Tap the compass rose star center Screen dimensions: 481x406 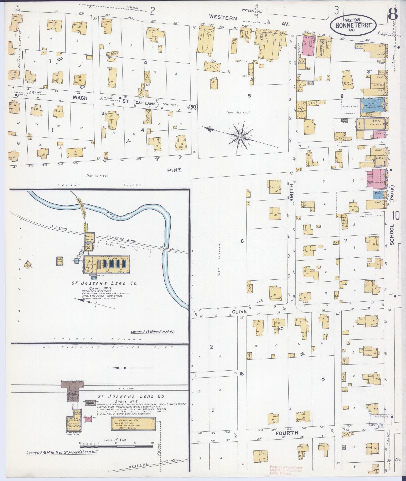(x=240, y=137)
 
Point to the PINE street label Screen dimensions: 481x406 (x=174, y=170)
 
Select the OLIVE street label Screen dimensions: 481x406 (x=239, y=311)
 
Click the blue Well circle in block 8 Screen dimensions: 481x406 (x=368, y=72)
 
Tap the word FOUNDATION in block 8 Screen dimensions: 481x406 (x=350, y=106)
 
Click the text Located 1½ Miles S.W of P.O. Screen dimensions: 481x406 (x=152, y=332)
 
